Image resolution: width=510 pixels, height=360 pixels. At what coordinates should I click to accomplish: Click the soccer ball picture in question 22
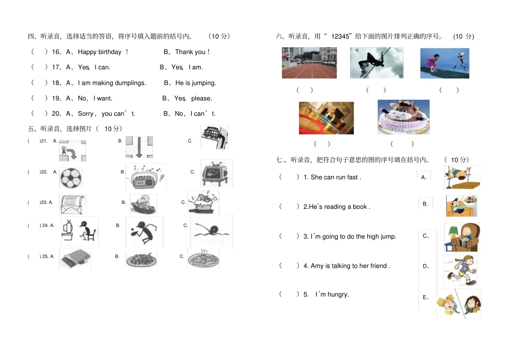point(70,178)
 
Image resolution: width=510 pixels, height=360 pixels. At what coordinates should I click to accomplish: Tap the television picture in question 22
point(216,174)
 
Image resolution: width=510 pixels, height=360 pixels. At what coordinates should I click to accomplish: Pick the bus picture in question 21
point(214,138)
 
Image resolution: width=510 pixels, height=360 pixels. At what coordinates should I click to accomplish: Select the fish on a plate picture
point(203,260)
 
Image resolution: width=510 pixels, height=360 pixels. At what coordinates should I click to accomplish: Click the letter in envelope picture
point(72,204)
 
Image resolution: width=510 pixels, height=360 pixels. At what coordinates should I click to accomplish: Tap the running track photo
point(309,63)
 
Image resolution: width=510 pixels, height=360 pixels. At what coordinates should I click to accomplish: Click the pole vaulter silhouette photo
point(376,63)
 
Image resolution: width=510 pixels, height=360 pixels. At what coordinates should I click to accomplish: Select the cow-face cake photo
point(403,117)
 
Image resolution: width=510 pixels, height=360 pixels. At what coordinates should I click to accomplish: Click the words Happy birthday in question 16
point(100,52)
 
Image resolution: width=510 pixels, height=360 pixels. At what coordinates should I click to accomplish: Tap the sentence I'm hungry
point(332,295)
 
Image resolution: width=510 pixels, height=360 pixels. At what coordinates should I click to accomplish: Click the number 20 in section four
point(56,114)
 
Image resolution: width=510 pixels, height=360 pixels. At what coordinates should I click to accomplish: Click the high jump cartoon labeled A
point(461,178)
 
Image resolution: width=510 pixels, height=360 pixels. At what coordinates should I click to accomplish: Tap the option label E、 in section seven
point(426,297)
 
